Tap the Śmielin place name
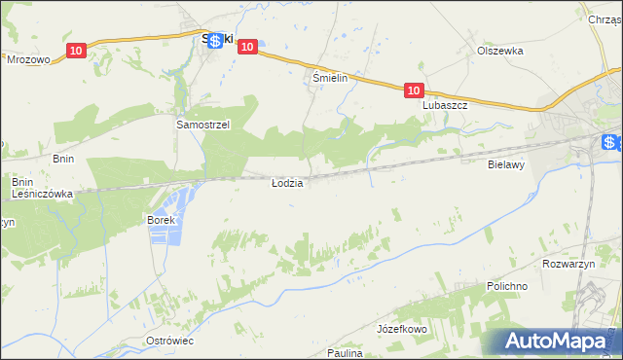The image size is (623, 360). [330, 77]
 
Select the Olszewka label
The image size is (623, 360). [500, 51]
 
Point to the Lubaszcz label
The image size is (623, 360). [445, 105]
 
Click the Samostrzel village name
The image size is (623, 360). [202, 126]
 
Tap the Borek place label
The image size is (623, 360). [160, 221]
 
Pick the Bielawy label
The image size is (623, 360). [506, 165]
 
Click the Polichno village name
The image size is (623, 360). [506, 287]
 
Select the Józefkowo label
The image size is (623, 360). [403, 330]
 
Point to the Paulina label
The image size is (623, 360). [345, 353]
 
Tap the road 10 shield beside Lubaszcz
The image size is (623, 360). [414, 90]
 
